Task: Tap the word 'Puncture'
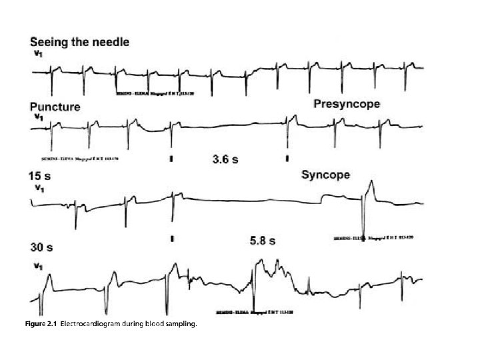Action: (x=55, y=107)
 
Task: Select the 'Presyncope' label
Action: (x=347, y=104)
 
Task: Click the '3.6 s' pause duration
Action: (x=225, y=159)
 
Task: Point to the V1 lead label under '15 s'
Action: (x=39, y=189)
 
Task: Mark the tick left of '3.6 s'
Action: (x=171, y=159)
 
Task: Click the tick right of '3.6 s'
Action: (x=287, y=159)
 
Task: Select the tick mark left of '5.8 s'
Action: (x=172, y=238)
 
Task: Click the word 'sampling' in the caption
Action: (x=182, y=323)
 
